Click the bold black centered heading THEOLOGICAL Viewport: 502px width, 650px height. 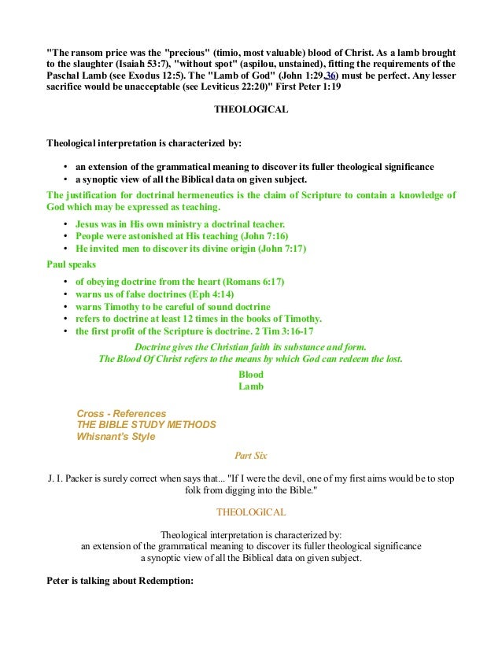tap(251, 109)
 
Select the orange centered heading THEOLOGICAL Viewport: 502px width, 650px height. tap(251, 512)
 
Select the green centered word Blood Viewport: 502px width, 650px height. tap(251, 375)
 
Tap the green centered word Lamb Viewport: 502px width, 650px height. tap(251, 386)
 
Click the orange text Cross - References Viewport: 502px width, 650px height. tap(121, 413)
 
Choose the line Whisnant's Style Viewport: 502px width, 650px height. tap(116, 436)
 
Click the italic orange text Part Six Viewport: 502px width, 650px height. tap(251, 455)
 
